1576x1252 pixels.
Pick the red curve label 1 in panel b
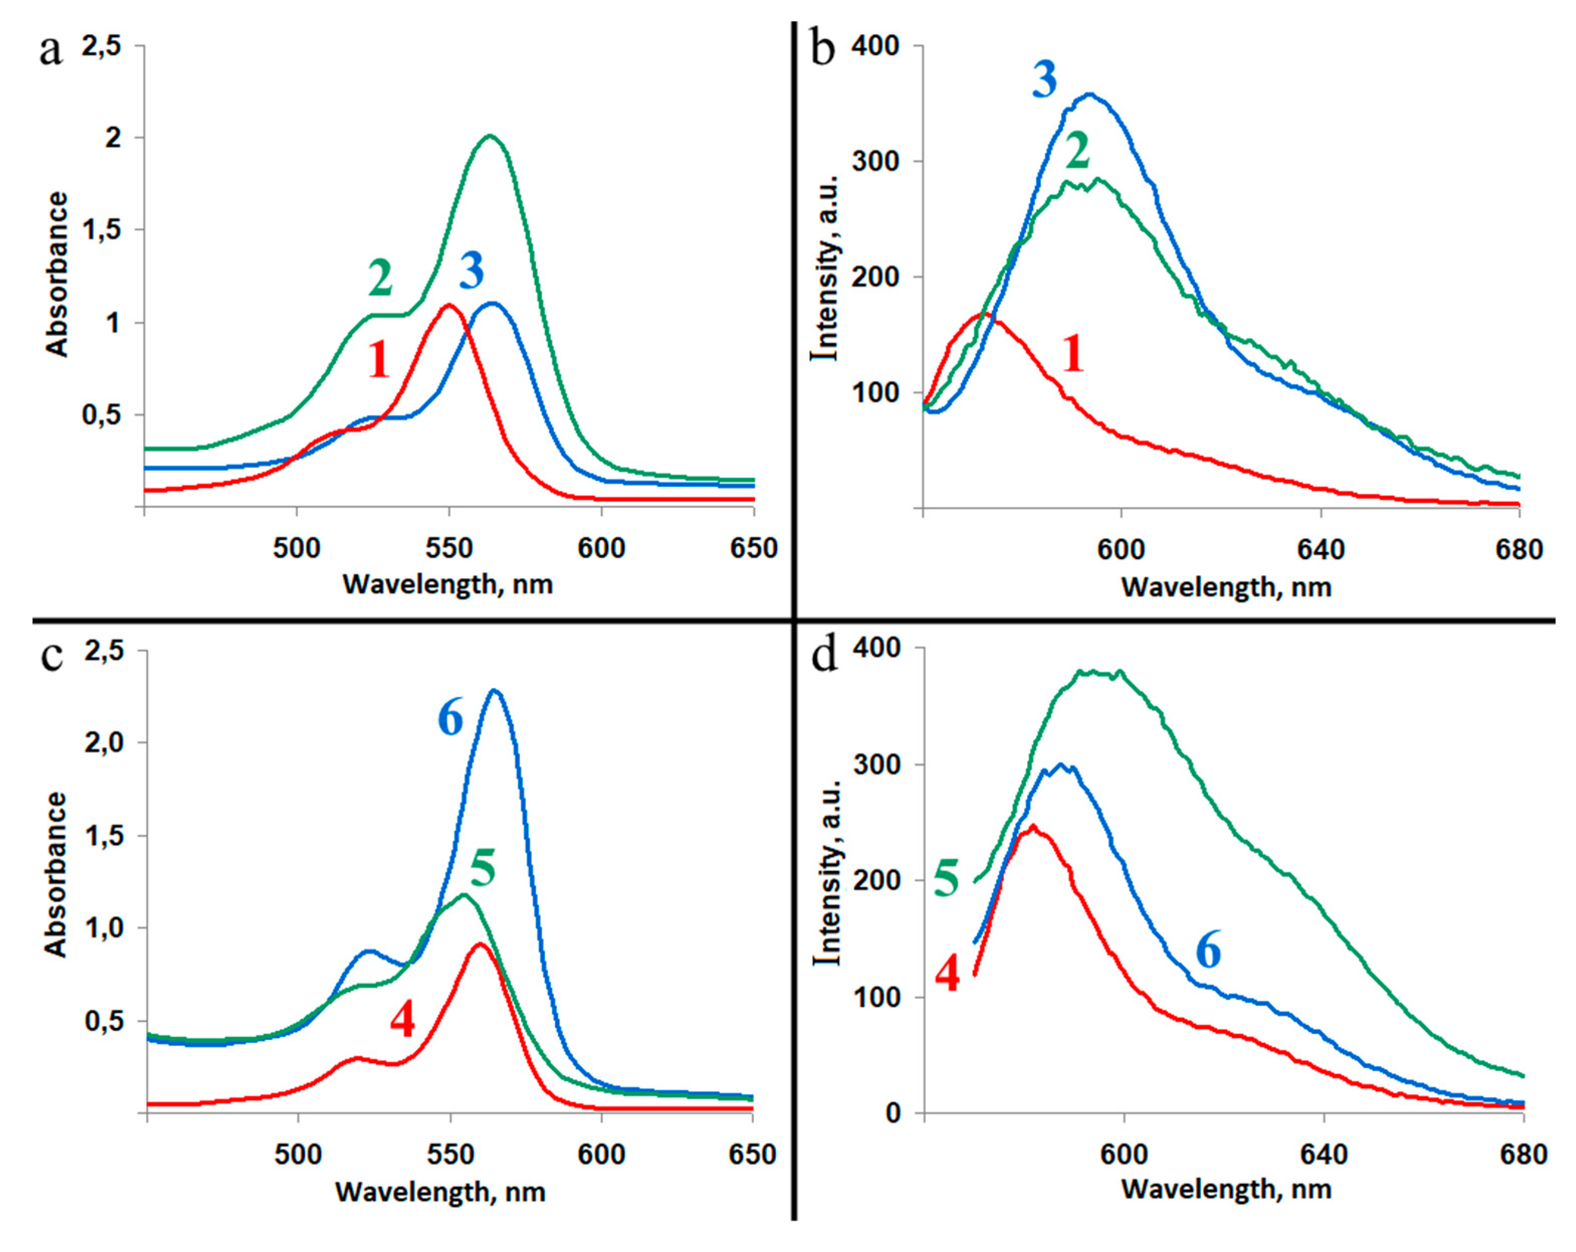pos(1072,354)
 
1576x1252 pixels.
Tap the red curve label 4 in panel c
pos(402,1020)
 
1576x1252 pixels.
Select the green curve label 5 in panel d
pos(947,878)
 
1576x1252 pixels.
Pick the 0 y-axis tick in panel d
pos(897,1113)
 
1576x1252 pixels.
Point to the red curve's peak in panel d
pos(1032,825)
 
